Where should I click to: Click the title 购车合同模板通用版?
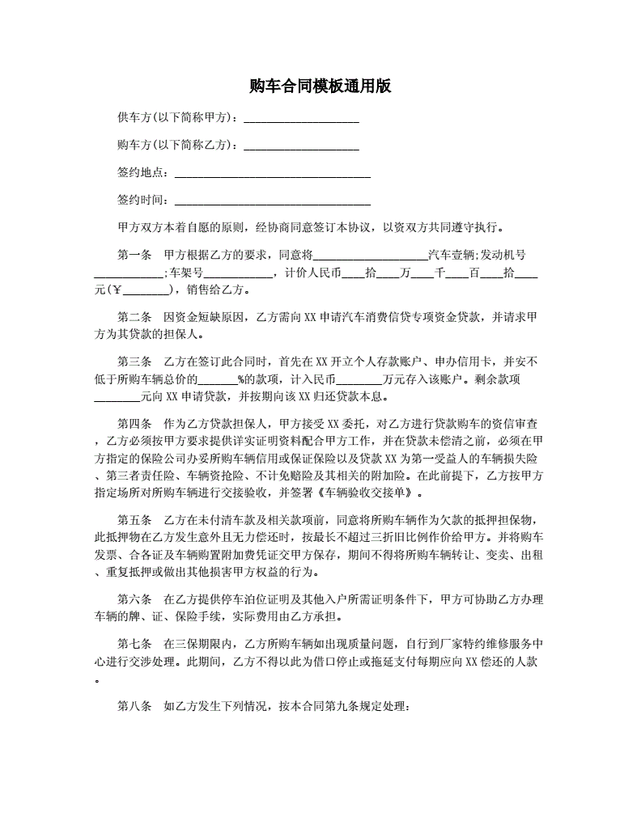[x=320, y=86]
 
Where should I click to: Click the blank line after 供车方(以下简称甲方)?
[x=301, y=119]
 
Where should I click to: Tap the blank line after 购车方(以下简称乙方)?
[x=301, y=146]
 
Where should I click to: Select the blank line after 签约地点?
[x=273, y=173]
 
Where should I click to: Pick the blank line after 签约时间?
[x=273, y=201]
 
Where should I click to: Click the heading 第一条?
[x=134, y=255]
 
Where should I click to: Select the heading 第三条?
[x=134, y=362]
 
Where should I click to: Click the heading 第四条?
[x=134, y=423]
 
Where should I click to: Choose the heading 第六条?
[x=134, y=599]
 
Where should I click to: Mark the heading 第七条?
[x=134, y=644]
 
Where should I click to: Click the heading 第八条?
[x=134, y=706]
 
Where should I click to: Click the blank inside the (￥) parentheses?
[x=145, y=290]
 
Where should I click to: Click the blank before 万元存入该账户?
[x=358, y=379]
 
